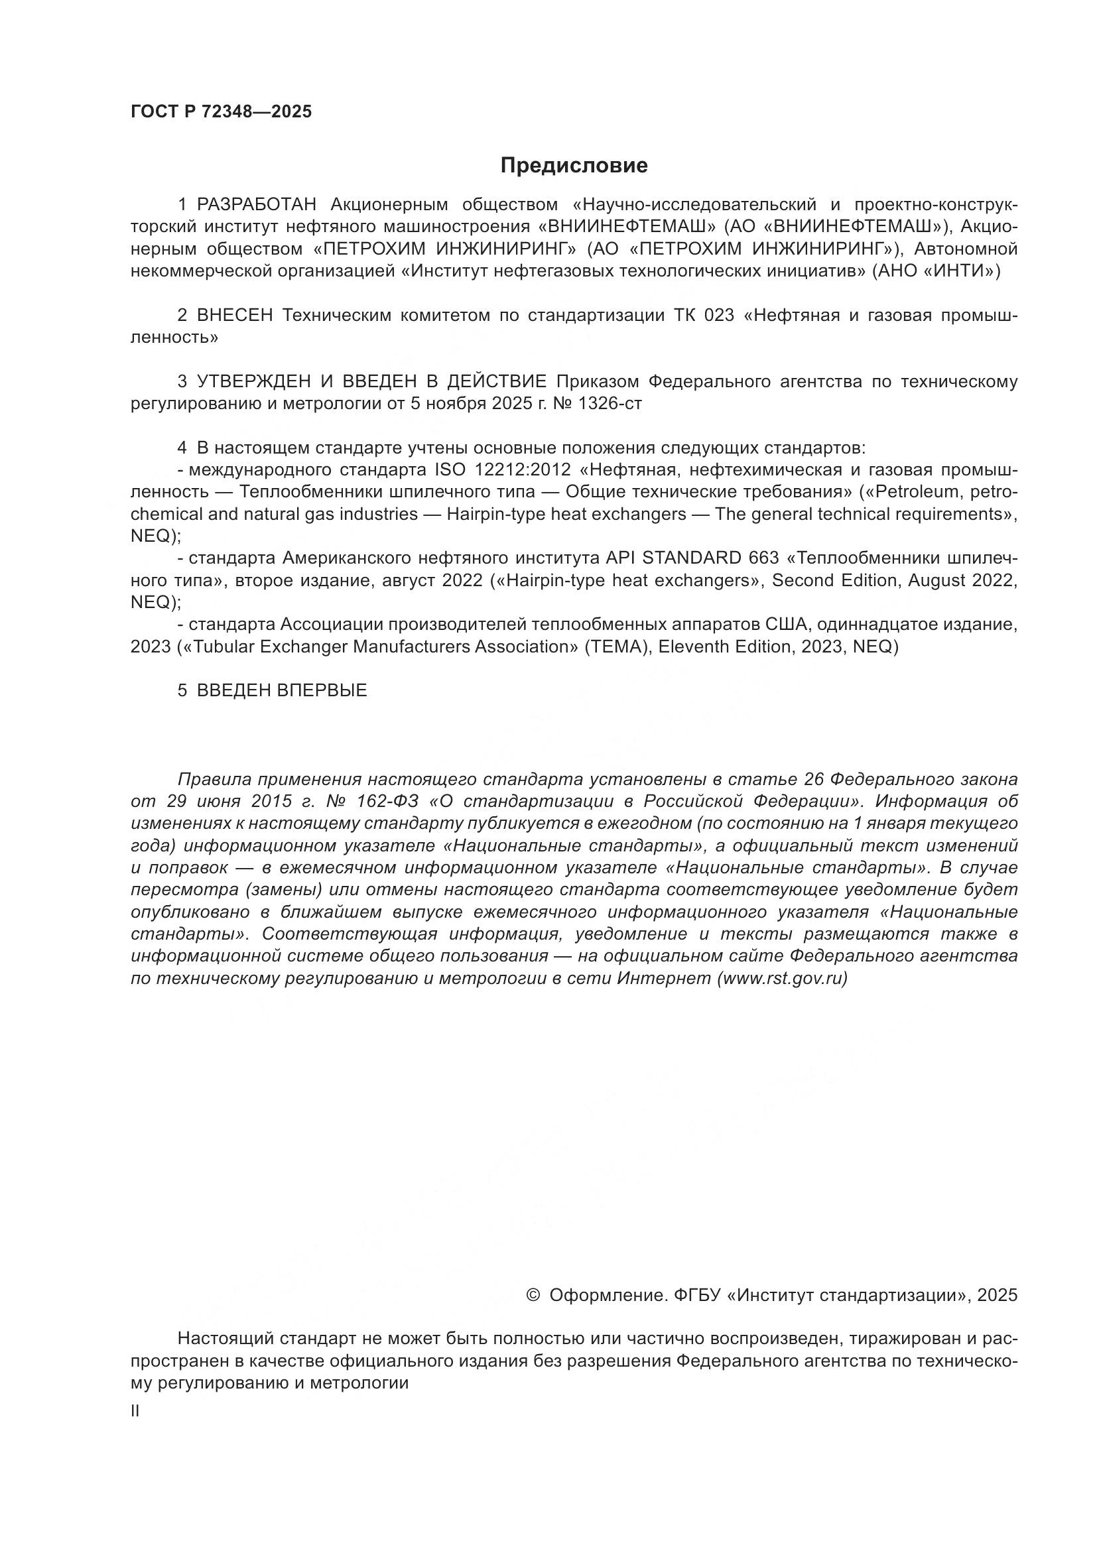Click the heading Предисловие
tap(574, 166)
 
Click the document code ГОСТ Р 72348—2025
tap(221, 112)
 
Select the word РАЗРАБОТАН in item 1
tap(257, 205)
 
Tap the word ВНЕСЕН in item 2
tap(234, 316)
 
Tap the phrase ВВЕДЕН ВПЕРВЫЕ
tap(282, 690)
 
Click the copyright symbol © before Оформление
tap(533, 1295)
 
